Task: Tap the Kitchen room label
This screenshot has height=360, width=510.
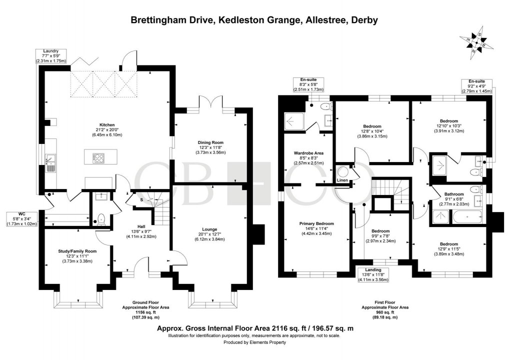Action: (107, 124)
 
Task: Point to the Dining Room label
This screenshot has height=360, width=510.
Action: (210, 143)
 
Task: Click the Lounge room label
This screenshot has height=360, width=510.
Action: (210, 229)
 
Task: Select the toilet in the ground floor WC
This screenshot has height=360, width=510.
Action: (100, 218)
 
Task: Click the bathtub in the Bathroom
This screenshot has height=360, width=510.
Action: (466, 217)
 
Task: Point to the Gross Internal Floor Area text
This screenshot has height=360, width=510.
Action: (255, 328)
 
